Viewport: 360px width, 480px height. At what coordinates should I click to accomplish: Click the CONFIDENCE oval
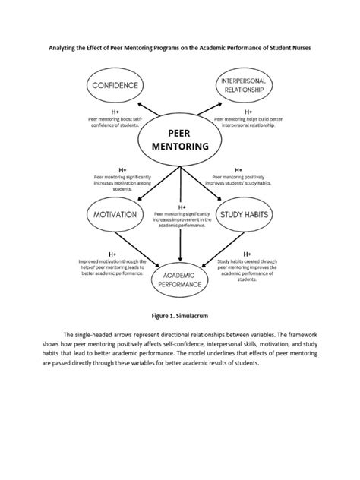pos(115,86)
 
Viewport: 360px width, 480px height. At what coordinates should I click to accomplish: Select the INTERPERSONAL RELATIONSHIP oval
pos(244,86)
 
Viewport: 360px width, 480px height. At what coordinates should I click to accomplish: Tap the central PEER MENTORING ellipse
pos(180,141)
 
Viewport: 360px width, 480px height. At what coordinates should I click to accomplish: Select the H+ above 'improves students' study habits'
pos(238,169)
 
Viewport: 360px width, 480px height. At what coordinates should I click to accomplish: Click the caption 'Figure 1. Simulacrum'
pos(180,312)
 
